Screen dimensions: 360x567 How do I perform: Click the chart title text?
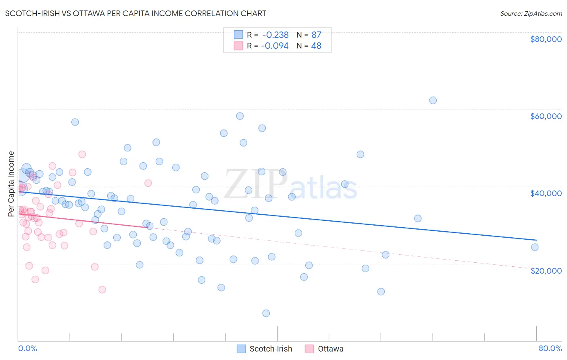[135, 13]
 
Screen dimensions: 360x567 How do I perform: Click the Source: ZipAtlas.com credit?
[531, 13]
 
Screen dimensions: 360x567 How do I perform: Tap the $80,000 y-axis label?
[546, 39]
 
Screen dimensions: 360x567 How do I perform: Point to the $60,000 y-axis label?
[546, 116]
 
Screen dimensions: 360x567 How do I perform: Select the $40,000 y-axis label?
[546, 193]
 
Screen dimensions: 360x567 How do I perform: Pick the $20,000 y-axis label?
[546, 270]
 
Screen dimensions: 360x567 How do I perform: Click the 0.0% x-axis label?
[27, 348]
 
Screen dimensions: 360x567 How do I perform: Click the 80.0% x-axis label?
[550, 348]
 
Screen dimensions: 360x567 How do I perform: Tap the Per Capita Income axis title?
[11, 184]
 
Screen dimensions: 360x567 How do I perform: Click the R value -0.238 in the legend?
[275, 35]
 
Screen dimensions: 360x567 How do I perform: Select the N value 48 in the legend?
[316, 46]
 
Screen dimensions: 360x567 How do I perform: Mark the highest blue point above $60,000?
[433, 100]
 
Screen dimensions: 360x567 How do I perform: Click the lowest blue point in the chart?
[266, 313]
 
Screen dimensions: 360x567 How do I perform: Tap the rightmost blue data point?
[535, 247]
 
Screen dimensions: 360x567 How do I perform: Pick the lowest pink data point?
[102, 289]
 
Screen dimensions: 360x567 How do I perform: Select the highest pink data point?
[82, 154]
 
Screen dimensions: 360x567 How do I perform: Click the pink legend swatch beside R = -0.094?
[238, 46]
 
